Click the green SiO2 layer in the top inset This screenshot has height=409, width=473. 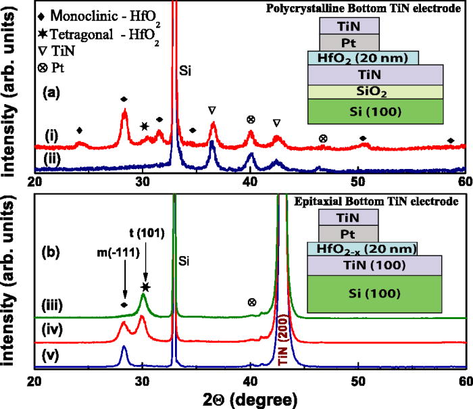(374, 91)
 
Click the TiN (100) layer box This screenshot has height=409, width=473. (374, 266)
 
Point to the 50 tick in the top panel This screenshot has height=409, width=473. (357, 182)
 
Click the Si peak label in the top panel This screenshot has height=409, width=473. (187, 70)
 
